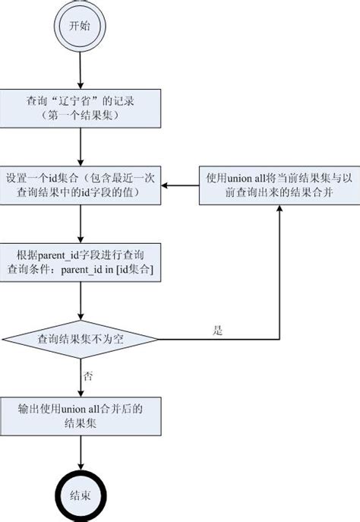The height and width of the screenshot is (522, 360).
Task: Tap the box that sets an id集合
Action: point(80,185)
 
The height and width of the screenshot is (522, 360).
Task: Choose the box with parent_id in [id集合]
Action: point(80,259)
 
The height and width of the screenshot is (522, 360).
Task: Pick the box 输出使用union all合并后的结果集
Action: point(80,415)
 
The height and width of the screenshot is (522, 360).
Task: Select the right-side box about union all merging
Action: point(279,185)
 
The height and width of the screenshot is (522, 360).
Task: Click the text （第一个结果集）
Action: point(80,118)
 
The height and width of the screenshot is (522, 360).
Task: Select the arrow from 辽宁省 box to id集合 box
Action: point(80,147)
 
